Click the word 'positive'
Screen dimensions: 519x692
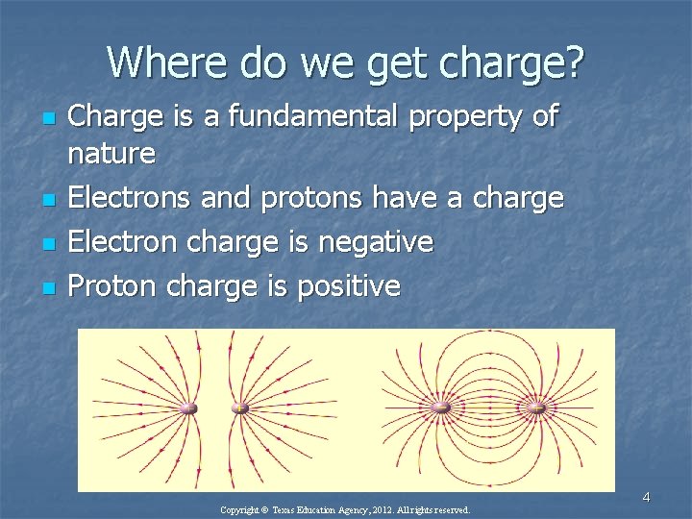pos(349,284)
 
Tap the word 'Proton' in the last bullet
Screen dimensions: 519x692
pos(114,284)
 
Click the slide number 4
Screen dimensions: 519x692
pos(646,497)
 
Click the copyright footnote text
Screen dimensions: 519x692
pos(345,510)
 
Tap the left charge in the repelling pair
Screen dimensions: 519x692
pos(188,408)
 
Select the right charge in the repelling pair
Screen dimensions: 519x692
pos(240,408)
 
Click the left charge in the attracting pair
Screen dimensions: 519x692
pos(441,408)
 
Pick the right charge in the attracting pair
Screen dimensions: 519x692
pos(536,408)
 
